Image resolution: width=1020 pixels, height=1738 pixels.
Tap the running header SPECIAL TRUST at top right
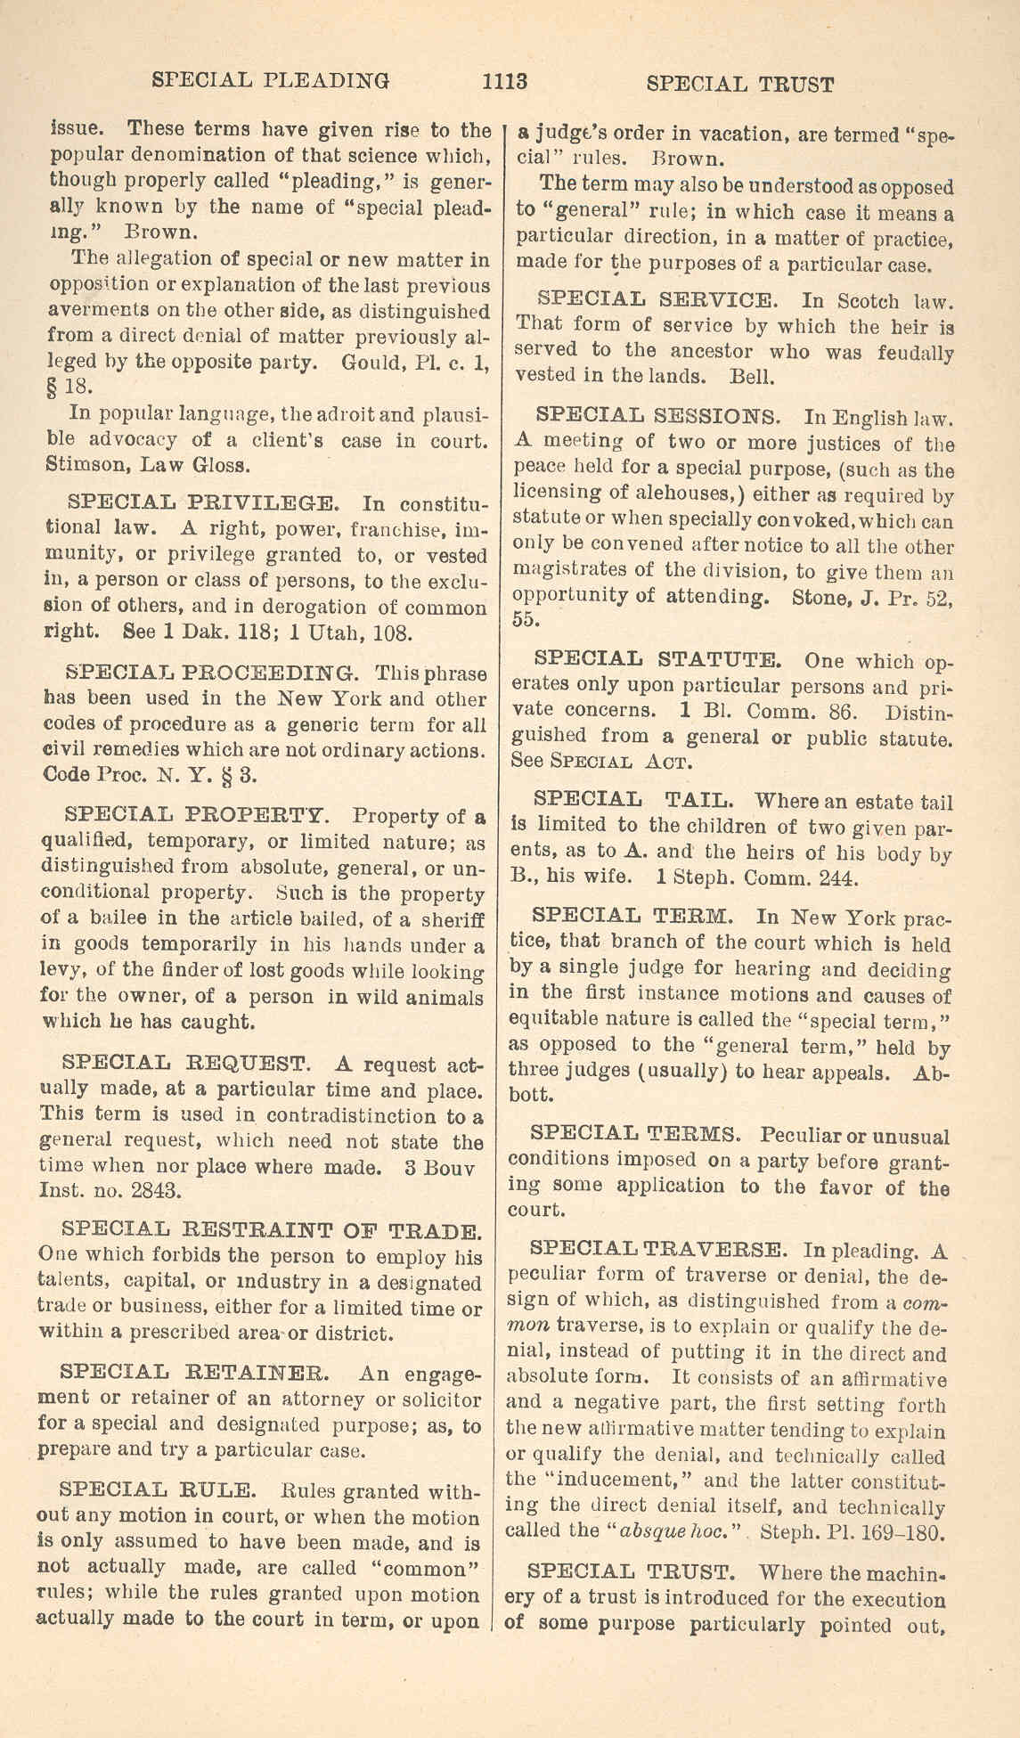[x=739, y=85]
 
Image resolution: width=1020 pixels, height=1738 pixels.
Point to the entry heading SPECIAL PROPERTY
[x=197, y=813]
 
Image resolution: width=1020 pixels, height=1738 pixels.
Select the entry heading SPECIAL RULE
[x=159, y=1489]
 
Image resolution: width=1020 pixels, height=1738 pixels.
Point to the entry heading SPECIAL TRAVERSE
[x=658, y=1248]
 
